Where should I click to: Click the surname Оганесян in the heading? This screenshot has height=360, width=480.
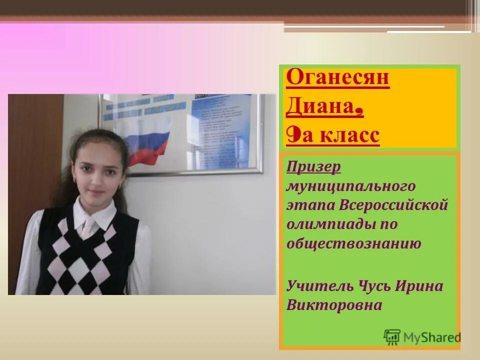point(338,78)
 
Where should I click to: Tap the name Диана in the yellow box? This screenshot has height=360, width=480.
point(321,107)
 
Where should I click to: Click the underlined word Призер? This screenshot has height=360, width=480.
point(314,166)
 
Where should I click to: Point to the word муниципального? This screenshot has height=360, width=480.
point(351,186)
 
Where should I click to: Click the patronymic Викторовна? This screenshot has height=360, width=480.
point(334,305)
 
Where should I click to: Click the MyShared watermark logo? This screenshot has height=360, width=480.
point(422,337)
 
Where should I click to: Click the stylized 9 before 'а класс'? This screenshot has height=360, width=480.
point(293,135)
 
